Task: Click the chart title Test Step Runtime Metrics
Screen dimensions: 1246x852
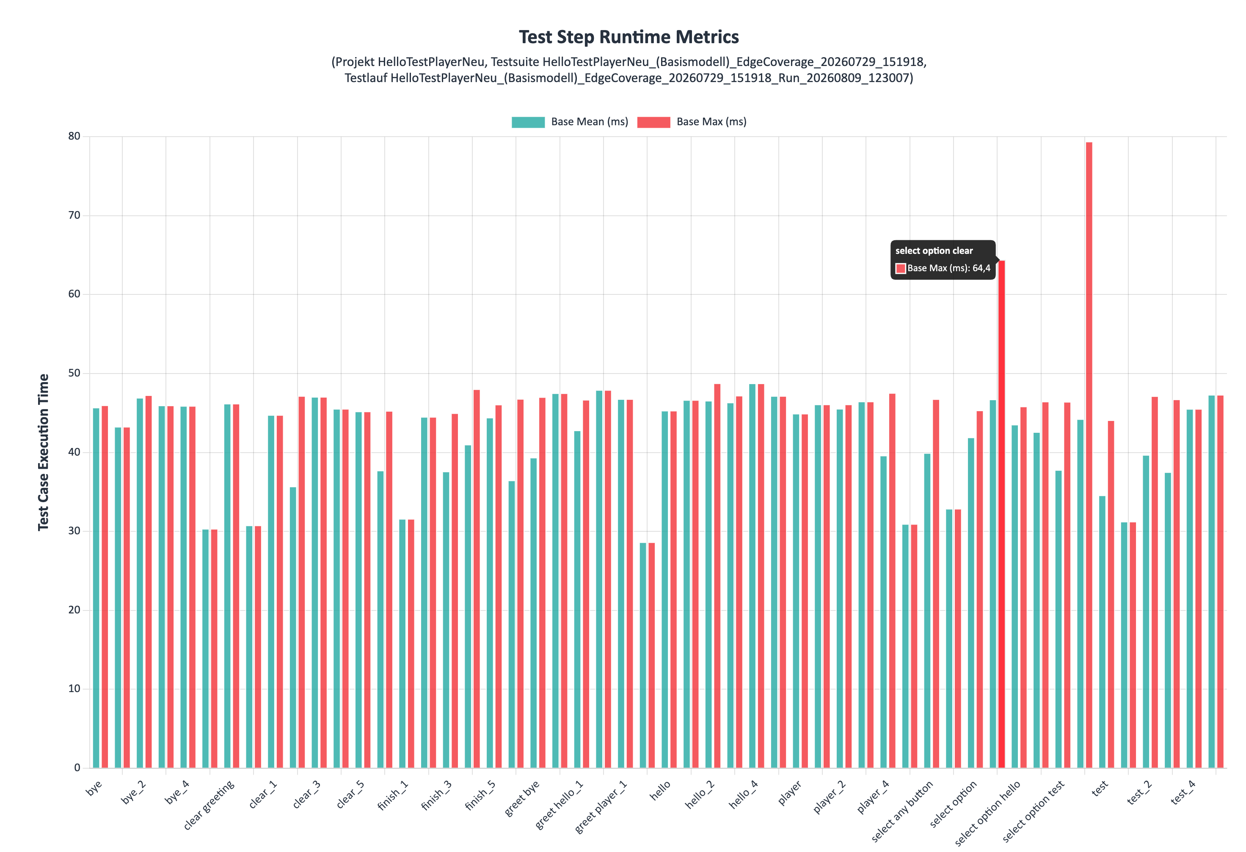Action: [629, 37]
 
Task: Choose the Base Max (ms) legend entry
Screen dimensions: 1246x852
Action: [692, 122]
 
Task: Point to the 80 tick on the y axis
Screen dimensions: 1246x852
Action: [74, 136]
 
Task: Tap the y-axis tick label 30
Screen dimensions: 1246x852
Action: [74, 531]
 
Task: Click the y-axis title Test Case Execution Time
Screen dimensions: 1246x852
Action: [44, 452]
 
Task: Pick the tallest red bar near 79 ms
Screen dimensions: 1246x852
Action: [1089, 455]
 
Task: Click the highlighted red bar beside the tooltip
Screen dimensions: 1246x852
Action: [1001, 514]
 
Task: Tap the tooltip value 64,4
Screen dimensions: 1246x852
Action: [981, 268]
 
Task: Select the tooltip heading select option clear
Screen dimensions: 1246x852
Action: [934, 251]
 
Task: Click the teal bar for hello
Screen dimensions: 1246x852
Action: [665, 589]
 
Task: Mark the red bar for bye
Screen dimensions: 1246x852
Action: [105, 587]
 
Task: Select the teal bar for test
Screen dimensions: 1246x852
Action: [1103, 632]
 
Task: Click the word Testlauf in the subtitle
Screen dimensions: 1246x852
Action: [366, 78]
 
